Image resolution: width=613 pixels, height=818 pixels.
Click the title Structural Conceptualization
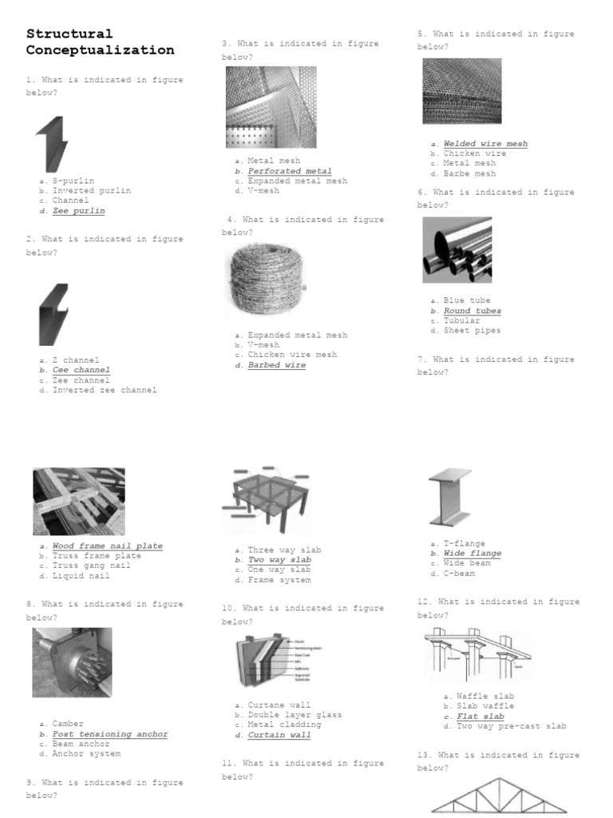[x=100, y=42]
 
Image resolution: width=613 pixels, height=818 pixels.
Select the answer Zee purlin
[x=78, y=211]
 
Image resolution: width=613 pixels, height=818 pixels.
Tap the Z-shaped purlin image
[x=52, y=144]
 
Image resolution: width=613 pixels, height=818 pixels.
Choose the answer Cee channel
[x=81, y=371]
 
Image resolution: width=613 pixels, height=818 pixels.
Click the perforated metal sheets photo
[x=271, y=107]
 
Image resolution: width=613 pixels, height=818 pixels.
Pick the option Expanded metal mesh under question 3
[x=297, y=181]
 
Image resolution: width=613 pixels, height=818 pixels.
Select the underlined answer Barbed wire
[x=276, y=365]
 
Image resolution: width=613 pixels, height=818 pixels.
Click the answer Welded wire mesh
[x=485, y=144]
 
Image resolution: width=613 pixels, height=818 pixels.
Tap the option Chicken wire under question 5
[x=474, y=153]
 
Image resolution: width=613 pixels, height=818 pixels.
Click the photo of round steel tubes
[x=457, y=250]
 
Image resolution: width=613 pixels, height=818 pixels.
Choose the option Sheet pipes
[x=472, y=331]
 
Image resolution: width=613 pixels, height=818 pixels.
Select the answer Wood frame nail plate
[x=107, y=546]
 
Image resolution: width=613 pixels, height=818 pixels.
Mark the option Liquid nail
[x=81, y=576]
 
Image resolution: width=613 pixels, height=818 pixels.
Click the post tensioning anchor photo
[x=72, y=662]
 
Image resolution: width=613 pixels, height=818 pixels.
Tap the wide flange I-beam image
[x=450, y=497]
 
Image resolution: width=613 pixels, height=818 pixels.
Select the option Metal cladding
[x=284, y=725]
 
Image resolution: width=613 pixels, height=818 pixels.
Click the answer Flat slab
[x=480, y=717]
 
